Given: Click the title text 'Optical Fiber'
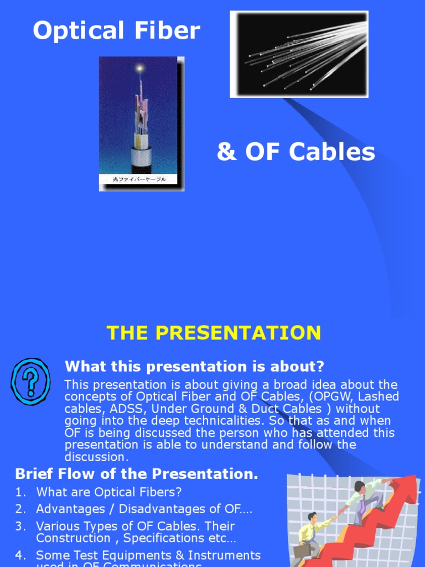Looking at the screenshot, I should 116,30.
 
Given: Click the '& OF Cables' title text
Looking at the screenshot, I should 296,152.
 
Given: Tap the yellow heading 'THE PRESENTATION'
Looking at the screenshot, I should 214,333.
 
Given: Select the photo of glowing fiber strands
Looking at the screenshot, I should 299,54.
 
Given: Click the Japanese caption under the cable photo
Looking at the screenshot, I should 141,179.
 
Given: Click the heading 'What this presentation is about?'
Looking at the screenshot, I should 194,366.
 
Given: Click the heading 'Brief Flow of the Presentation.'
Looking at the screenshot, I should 137,474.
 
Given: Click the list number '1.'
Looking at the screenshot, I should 20,492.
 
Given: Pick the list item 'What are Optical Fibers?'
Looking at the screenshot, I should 109,492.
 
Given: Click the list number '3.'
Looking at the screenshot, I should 20,527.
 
